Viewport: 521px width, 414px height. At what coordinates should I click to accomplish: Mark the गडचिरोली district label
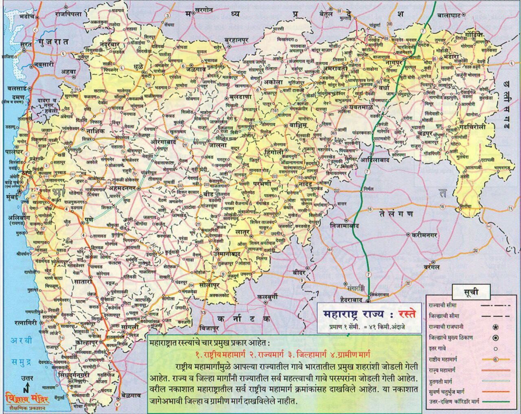[471, 127]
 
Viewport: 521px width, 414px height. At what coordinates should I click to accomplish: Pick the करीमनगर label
[424, 235]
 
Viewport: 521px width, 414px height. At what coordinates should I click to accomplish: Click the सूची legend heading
[471, 292]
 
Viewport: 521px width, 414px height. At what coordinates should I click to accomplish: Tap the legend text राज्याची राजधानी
[446, 327]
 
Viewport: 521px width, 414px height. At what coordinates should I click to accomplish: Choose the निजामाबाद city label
[345, 225]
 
